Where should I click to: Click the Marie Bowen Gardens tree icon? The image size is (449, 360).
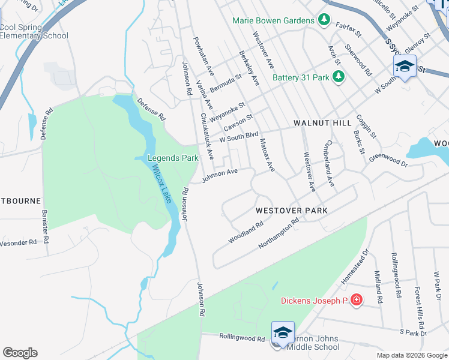(324, 20)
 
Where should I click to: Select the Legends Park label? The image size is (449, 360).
(173, 158)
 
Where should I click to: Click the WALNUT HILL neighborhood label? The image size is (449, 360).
(322, 123)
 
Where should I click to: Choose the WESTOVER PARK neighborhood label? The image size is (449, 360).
(292, 211)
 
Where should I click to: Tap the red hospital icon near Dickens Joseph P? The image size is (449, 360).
(357, 299)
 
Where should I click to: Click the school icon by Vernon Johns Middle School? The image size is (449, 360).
(283, 332)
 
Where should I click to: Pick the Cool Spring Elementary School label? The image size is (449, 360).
(34, 31)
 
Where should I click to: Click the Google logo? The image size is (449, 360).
(20, 353)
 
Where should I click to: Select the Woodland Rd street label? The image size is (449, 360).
(246, 233)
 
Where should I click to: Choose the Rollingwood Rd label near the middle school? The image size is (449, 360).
(242, 338)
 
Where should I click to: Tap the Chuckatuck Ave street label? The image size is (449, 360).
(207, 136)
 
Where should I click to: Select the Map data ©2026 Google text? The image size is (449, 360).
(411, 355)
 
